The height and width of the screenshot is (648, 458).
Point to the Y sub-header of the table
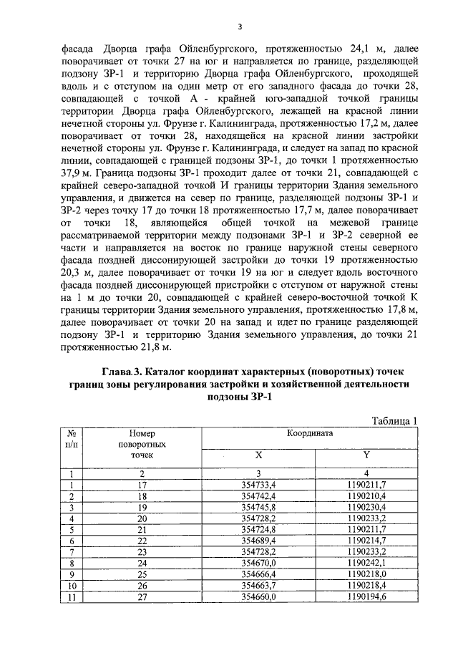pyautogui.click(x=365, y=455)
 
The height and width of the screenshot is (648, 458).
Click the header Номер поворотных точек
pyautogui.click(x=142, y=444)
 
